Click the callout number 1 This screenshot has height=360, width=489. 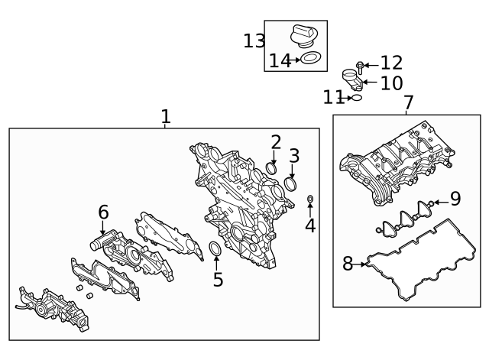point(165,117)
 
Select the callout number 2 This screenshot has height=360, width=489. point(276,141)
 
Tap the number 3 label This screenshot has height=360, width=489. point(294,157)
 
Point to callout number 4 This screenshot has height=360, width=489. point(309,225)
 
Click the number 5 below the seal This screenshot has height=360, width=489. point(218,280)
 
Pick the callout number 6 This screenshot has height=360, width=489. point(103,212)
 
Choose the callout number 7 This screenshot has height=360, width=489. point(408,102)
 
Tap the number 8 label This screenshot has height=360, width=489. point(348,264)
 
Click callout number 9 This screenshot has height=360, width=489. point(455,199)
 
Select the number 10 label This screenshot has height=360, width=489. point(390,83)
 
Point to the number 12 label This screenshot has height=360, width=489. point(391,63)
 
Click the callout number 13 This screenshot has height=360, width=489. point(254,41)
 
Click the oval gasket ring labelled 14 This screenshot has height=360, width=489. point(310,59)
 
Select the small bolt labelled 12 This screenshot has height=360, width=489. point(361,66)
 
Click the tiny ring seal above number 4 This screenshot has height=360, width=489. point(309,200)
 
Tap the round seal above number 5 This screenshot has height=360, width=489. point(216,251)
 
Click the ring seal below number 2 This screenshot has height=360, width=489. point(272,167)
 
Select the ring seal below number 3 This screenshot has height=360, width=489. point(291,184)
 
